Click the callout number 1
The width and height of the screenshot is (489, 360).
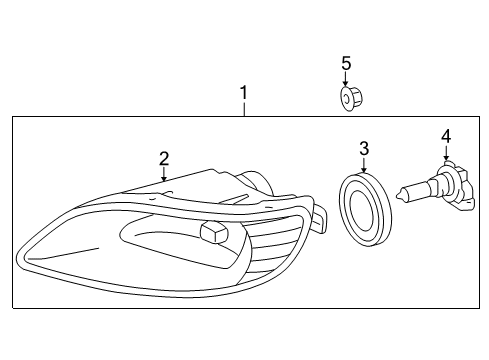click(x=243, y=94)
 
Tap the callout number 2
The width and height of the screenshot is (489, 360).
click(x=163, y=158)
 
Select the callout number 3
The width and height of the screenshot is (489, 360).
click(x=364, y=148)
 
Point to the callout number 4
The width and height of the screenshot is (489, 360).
click(x=446, y=135)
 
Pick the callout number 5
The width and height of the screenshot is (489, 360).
click(x=346, y=64)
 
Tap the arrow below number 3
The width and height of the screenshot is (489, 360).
click(x=364, y=165)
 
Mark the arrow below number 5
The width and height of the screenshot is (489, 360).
click(x=346, y=80)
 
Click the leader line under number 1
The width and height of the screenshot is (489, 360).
click(x=243, y=109)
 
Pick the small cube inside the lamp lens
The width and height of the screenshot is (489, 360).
click(x=213, y=232)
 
